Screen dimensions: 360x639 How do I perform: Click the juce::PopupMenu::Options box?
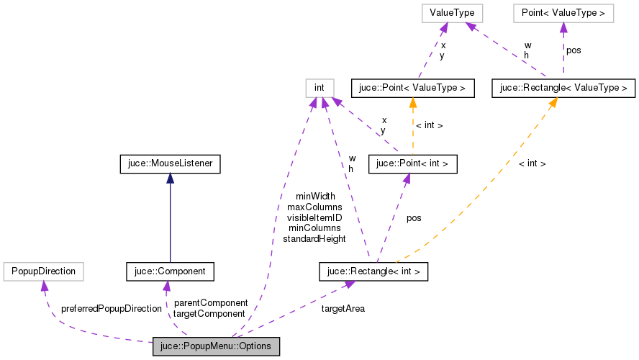(x=216, y=346)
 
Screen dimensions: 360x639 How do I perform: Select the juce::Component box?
(x=170, y=271)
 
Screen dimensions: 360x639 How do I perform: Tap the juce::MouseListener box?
(x=169, y=165)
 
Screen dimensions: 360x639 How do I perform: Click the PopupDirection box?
(x=44, y=271)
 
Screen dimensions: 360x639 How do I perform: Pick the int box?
(x=319, y=88)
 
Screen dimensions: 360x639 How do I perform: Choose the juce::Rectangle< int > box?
(x=373, y=271)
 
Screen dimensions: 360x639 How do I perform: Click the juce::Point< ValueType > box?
(x=412, y=88)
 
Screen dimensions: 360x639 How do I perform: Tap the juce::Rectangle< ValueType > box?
(x=563, y=88)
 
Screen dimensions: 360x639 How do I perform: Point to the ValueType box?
(x=445, y=13)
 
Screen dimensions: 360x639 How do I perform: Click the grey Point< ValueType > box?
(x=563, y=13)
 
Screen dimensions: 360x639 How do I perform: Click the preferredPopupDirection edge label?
(x=112, y=308)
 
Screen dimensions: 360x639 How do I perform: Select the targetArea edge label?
(x=343, y=308)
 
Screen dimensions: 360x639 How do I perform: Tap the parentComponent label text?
(x=211, y=302)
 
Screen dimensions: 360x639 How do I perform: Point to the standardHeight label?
(x=314, y=238)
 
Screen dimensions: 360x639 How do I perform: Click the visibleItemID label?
(x=314, y=217)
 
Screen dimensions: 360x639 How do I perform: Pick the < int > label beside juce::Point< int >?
(x=430, y=125)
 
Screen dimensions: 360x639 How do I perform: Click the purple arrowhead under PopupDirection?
(x=44, y=287)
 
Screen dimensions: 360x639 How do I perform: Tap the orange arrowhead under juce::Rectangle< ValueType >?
(x=552, y=103)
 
